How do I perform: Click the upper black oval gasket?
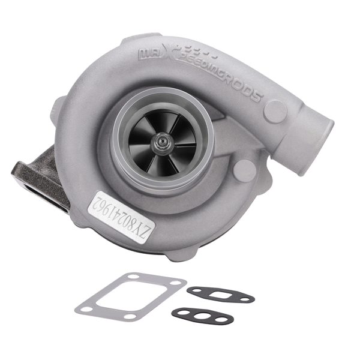tap(220, 294)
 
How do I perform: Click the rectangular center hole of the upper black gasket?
tap(220, 294)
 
